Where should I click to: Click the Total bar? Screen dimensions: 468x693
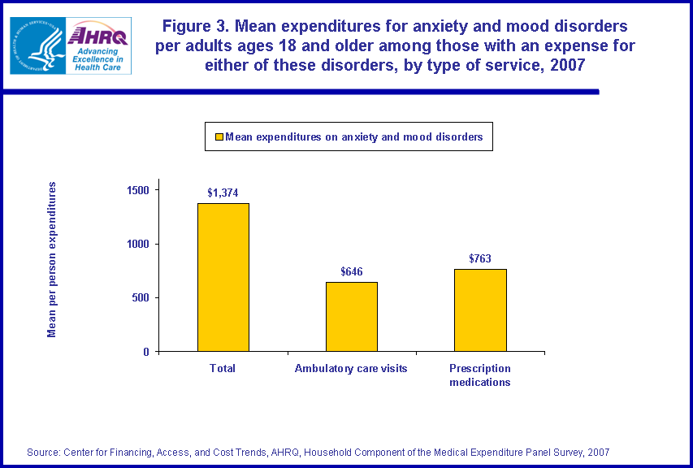[x=223, y=277]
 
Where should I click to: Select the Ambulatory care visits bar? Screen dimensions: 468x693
[x=351, y=316]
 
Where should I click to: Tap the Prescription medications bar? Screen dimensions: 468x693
[x=480, y=310]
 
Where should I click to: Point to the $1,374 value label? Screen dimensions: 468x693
[x=223, y=193]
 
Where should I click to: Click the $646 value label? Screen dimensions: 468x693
[x=351, y=271]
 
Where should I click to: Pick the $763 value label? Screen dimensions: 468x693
[x=481, y=258]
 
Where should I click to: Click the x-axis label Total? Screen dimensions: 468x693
[x=223, y=368]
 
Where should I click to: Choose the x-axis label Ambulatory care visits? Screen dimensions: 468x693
[x=351, y=368]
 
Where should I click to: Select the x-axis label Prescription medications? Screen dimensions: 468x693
[x=480, y=375]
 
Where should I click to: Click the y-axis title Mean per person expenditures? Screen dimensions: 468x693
[x=52, y=259]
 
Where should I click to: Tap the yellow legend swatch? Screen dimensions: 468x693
[x=218, y=137]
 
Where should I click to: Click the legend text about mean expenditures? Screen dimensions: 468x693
[x=353, y=137]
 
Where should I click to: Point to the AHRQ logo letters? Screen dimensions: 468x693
[x=99, y=35]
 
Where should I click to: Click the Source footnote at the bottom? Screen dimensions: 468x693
[x=318, y=452]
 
